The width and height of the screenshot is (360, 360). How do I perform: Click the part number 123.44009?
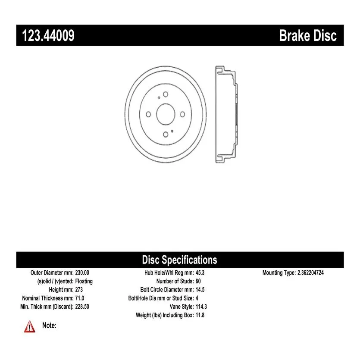[48, 36]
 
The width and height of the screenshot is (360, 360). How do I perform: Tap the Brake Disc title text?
[308, 36]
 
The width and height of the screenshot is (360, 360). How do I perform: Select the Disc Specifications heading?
[179, 260]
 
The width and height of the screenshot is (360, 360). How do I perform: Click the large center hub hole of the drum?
[166, 114]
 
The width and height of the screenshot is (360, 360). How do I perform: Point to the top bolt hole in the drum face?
[166, 94]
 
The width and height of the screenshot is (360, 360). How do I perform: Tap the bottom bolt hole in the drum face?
[166, 135]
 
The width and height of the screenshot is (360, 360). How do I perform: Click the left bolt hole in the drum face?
[149, 114]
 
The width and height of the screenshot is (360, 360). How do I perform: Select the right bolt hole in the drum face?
[182, 114]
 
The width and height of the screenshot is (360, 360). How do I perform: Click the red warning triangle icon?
[30, 327]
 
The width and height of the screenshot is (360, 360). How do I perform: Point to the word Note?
[49, 326]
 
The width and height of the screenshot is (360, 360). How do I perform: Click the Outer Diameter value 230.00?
[82, 273]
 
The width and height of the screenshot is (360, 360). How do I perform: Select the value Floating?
[84, 282]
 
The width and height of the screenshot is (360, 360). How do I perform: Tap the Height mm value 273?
[79, 290]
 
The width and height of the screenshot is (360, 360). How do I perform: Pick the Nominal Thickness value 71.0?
[80, 298]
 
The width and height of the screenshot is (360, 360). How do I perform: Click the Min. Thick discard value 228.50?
[82, 307]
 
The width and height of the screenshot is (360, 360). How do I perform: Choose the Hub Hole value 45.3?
[200, 273]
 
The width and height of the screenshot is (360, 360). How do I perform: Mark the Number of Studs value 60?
[198, 281]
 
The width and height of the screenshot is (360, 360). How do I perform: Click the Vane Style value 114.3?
[201, 307]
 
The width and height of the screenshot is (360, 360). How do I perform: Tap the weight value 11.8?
[200, 315]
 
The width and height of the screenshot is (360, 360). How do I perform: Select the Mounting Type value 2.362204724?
[311, 273]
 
